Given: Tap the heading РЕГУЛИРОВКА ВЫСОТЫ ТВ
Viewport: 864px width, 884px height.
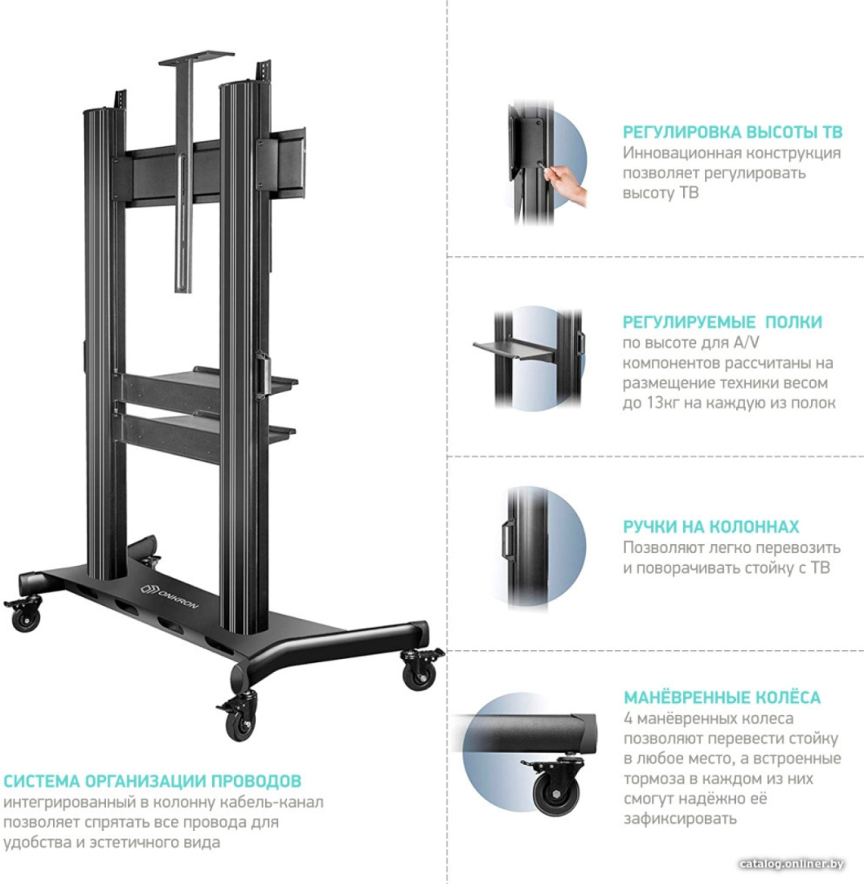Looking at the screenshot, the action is tap(732, 132).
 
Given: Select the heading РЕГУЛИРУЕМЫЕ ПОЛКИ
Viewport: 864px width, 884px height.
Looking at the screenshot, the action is tap(722, 322).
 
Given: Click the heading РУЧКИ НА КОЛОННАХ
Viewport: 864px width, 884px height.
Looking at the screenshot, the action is tap(710, 526).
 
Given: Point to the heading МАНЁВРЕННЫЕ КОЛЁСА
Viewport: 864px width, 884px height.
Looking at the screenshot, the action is tap(722, 698).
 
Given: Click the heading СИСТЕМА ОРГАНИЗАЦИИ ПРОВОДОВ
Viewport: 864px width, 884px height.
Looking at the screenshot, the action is tap(152, 781).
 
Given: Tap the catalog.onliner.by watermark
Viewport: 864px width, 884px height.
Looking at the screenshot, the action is tap(792, 864).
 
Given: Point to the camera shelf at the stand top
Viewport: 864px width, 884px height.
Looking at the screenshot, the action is tap(195, 58).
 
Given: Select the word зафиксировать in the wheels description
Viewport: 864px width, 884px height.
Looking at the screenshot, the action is tap(680, 819).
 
